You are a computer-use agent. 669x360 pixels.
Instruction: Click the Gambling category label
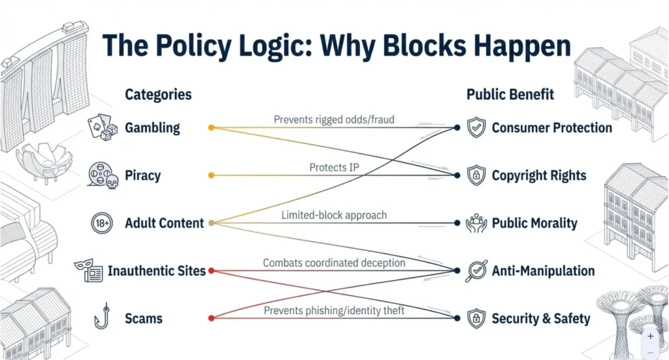point(152,127)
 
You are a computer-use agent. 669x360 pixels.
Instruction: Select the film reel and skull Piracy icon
point(102,175)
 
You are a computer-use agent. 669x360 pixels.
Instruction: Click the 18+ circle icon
point(102,223)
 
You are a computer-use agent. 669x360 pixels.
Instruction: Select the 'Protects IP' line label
point(334,168)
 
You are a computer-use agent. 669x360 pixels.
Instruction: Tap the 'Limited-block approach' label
point(334,215)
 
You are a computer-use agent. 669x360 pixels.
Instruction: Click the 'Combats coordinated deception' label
point(334,263)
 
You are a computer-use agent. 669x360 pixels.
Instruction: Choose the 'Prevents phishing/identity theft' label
point(334,310)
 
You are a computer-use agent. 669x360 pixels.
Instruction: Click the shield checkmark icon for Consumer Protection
point(476,127)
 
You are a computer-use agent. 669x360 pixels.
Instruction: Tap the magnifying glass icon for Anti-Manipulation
point(476,271)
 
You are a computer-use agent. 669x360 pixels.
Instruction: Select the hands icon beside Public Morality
point(476,223)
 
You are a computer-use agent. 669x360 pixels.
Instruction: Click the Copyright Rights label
point(539,175)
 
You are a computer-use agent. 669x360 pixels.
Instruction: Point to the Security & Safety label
point(541,319)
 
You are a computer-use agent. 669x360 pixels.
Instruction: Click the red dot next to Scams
point(210,318)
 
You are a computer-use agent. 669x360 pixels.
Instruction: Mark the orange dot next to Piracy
point(210,175)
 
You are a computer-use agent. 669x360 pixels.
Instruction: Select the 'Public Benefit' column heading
point(510,94)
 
